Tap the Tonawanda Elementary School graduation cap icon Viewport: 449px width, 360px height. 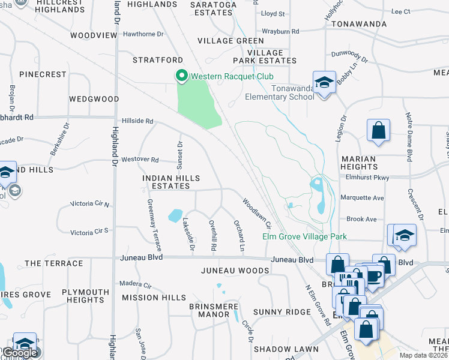click(324, 83)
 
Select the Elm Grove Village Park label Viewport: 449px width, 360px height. click(304, 236)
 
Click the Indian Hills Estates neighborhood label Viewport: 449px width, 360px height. click(171, 182)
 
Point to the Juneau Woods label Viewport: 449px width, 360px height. click(235, 271)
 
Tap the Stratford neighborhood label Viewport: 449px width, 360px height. click(158, 61)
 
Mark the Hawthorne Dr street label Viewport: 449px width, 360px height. click(143, 34)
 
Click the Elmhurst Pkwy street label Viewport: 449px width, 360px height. click(368, 178)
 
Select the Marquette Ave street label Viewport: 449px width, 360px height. click(362, 198)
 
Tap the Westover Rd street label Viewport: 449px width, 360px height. click(139, 160)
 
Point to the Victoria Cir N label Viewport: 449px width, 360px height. click(90, 204)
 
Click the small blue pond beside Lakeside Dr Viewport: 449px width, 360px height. click(175, 215)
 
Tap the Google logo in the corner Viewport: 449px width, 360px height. click(20, 353)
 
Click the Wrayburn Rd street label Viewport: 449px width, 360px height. click(280, 31)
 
